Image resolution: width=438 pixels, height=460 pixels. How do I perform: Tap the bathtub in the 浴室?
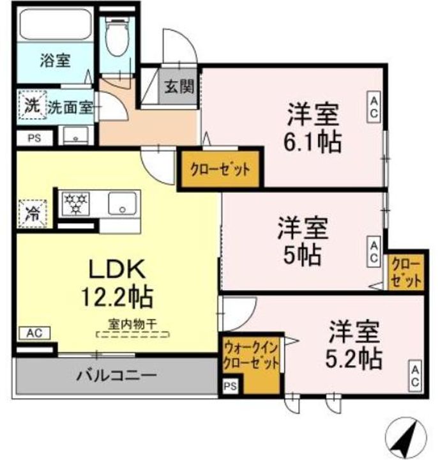[56, 25]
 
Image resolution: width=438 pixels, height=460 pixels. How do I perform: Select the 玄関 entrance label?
[179, 86]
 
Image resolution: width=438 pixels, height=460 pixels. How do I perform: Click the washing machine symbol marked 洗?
[33, 105]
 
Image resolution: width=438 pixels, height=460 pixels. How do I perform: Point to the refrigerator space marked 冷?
[33, 213]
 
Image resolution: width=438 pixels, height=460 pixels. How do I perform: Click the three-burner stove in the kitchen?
[76, 203]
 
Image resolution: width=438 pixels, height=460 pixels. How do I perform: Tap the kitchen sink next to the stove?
[122, 203]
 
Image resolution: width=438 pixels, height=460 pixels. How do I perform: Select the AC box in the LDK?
[34, 333]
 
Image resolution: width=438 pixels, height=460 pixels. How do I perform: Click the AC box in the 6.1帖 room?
[374, 107]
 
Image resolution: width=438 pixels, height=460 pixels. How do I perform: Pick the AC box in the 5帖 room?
[374, 252]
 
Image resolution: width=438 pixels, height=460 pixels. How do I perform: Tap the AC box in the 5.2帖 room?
[415, 376]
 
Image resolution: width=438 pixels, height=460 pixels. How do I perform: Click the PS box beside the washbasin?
[34, 138]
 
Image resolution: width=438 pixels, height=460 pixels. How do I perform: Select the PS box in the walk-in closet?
[230, 386]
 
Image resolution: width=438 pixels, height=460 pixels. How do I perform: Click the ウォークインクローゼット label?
[251, 356]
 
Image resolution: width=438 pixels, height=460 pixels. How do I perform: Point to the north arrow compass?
[406, 438]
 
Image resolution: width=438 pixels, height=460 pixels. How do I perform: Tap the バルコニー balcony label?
[117, 375]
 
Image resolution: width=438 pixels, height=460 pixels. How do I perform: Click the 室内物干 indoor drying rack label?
[133, 324]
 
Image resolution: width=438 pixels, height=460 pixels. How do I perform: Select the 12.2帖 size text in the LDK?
[117, 297]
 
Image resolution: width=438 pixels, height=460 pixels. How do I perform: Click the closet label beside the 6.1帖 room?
[220, 169]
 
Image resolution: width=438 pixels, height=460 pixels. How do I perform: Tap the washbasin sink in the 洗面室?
[75, 135]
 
